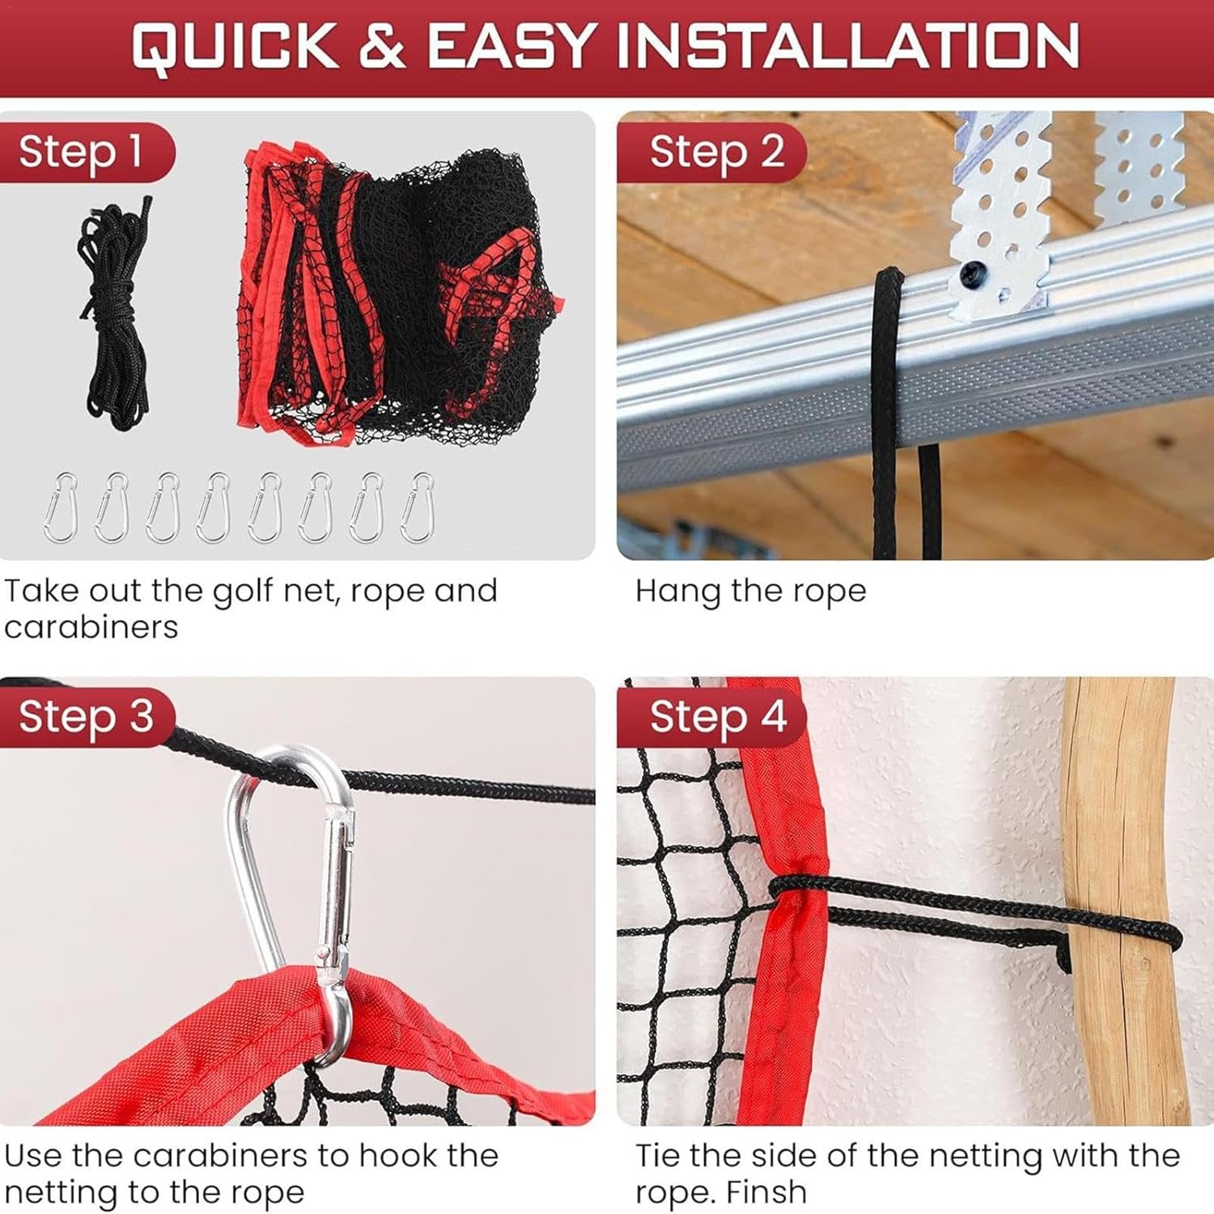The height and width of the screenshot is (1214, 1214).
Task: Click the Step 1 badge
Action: coord(81,152)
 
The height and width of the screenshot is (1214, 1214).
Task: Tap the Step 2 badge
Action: coord(716,152)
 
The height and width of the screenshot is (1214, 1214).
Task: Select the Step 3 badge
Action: coord(86,717)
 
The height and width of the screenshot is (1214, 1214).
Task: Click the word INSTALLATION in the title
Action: coord(847,46)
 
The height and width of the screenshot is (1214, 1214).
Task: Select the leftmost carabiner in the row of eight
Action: coord(61,507)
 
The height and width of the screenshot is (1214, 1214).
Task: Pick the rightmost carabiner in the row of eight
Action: coord(418,507)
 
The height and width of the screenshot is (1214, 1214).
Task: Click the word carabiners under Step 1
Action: coord(91,627)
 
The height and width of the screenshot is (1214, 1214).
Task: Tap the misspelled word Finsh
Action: coord(766,1192)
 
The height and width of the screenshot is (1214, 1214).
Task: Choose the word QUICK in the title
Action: coord(236,46)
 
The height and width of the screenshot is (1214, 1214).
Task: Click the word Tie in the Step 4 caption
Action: coord(659,1156)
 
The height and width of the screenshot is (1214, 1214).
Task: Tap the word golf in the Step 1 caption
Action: coord(241,592)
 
